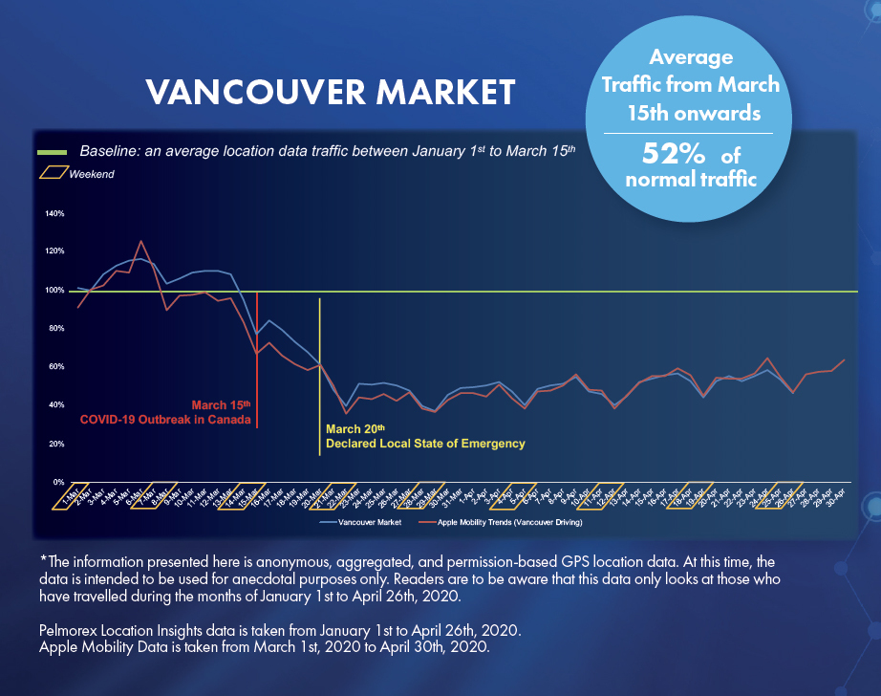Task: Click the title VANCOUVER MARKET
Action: point(331,92)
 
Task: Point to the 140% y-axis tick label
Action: point(54,213)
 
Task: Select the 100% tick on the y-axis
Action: point(54,290)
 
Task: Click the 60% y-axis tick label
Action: point(54,367)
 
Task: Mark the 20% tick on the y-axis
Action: point(54,444)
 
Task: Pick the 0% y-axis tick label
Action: point(57,482)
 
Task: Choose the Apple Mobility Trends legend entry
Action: point(509,523)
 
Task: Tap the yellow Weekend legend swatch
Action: point(53,173)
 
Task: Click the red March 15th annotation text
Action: point(221,404)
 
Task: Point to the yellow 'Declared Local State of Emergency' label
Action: point(425,444)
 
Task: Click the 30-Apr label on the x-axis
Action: point(834,498)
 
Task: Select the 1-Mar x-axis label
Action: point(70,498)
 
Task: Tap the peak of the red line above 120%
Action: point(141,241)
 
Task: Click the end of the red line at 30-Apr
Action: point(844,360)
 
